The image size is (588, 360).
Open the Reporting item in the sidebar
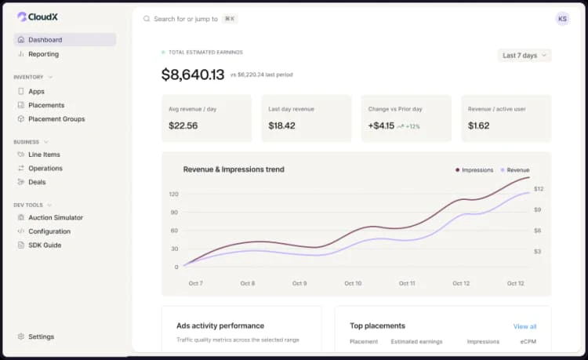coord(43,54)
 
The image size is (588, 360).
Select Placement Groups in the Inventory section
coord(56,119)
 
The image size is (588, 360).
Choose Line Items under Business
coord(44,155)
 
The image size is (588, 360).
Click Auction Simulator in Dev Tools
coord(55,217)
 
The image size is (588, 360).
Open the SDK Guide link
coord(45,245)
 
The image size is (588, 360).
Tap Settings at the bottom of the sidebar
coord(41,336)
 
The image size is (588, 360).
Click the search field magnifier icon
coord(147,19)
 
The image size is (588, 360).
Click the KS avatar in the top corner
coord(562,19)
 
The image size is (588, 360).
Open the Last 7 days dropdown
coord(524,56)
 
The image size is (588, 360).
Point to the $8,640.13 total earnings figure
coord(192,75)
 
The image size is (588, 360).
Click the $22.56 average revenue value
coord(183,125)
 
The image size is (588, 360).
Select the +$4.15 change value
coord(381,125)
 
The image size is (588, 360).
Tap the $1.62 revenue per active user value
coord(479,125)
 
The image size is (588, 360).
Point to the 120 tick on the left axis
coord(173,194)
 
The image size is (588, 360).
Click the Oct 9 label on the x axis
coord(299,283)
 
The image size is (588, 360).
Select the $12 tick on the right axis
coord(539,188)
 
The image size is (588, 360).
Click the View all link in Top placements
coord(524,326)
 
